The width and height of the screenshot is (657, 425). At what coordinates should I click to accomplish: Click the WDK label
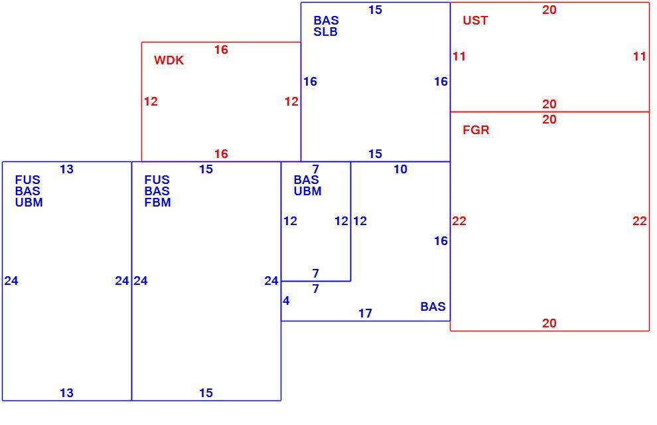(x=169, y=60)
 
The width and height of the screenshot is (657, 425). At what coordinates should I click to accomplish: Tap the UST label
(x=475, y=21)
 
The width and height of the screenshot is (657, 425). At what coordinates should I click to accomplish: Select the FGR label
(x=476, y=130)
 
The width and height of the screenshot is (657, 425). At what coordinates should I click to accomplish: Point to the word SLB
(x=326, y=32)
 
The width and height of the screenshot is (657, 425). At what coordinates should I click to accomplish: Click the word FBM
(x=157, y=203)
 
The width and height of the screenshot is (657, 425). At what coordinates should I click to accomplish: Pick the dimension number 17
(x=365, y=313)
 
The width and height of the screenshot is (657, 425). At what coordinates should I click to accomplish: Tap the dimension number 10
(x=400, y=169)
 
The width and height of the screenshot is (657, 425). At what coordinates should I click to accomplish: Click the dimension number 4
(x=286, y=301)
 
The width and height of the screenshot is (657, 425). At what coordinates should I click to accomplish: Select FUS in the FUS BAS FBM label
(x=157, y=180)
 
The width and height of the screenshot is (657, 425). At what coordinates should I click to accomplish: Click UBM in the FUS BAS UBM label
(x=29, y=203)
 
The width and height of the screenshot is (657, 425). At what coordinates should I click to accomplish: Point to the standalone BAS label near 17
(x=433, y=307)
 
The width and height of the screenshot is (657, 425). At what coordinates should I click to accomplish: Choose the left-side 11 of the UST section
(x=459, y=56)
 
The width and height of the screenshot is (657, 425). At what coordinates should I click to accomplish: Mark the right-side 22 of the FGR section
(x=639, y=221)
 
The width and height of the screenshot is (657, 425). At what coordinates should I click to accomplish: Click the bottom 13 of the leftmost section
(x=66, y=393)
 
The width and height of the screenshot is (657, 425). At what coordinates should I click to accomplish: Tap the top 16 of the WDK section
(x=221, y=50)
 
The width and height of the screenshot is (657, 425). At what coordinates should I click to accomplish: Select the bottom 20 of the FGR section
(x=549, y=323)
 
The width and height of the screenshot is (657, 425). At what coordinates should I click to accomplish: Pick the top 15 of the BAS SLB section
(x=375, y=10)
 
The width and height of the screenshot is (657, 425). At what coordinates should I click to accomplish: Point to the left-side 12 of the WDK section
(x=151, y=102)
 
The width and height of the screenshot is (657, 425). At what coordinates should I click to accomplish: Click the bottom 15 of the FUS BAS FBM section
(x=206, y=393)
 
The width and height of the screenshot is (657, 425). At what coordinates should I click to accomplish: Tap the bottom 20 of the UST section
(x=549, y=104)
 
